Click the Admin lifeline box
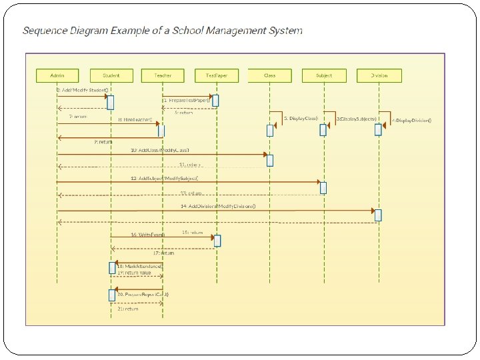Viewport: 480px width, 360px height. [x=56, y=75]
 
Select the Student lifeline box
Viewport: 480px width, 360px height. [x=110, y=75]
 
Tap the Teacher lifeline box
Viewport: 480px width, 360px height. [x=163, y=75]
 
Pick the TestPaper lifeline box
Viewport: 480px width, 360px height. [x=216, y=75]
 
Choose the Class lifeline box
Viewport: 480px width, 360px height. [x=269, y=75]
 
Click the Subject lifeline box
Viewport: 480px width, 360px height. [x=323, y=75]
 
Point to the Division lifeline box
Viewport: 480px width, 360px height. [x=378, y=75]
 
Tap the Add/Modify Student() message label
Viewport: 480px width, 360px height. [x=83, y=89]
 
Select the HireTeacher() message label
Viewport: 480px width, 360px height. [x=135, y=119]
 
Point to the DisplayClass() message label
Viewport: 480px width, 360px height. [x=301, y=118]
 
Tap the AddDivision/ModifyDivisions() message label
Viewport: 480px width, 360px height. [x=218, y=206]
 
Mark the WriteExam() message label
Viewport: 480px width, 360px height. [x=148, y=235]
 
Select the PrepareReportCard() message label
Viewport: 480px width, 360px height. [x=143, y=294]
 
